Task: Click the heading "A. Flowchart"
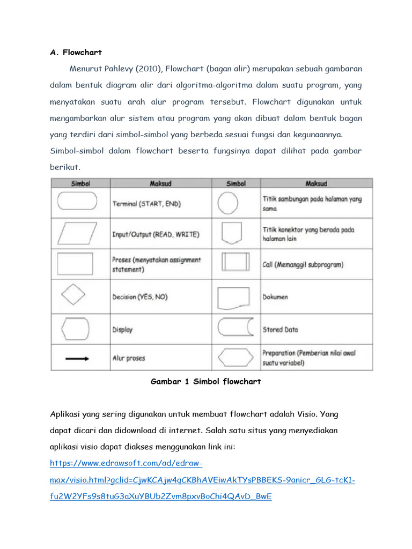76,53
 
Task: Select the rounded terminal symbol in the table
77,202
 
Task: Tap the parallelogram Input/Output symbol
77,233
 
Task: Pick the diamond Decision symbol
72,295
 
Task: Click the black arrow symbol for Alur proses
77,359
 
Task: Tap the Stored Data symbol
236,328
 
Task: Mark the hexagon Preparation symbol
236,358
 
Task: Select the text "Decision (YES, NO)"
140,297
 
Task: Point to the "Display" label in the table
122,330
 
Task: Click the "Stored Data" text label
280,330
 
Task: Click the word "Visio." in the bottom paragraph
307,414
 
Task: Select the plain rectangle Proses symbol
77,264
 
